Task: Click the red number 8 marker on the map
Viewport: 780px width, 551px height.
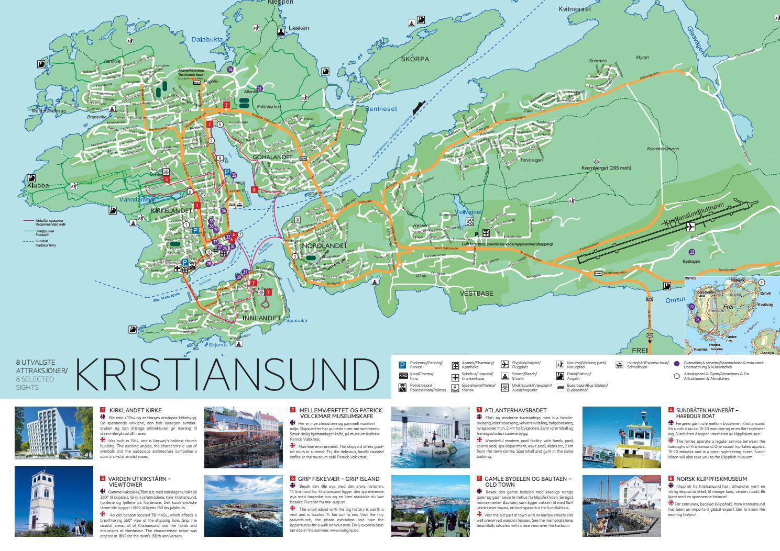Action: click(x=254, y=189)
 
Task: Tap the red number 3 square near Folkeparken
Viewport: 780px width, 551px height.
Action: click(x=226, y=105)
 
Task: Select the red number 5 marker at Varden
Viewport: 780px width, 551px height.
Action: click(x=166, y=179)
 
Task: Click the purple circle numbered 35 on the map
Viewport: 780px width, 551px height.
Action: click(x=234, y=175)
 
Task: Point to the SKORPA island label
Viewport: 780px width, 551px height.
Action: click(x=415, y=59)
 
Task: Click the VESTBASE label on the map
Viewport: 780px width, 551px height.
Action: click(x=476, y=294)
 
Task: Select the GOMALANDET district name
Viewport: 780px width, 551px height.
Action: click(x=272, y=157)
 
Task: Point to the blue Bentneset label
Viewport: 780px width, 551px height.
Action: click(x=381, y=109)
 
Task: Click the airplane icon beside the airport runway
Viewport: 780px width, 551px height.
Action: click(x=691, y=227)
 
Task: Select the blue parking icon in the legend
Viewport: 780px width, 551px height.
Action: click(x=403, y=365)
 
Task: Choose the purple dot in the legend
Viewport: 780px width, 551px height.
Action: click(x=677, y=363)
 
